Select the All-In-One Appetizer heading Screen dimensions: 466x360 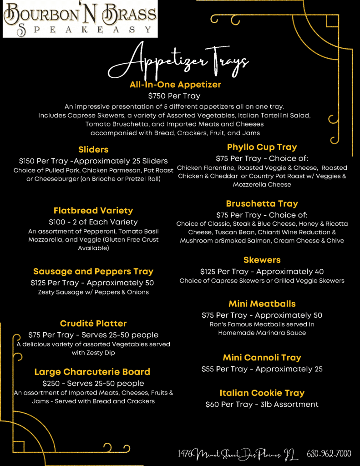[175, 85]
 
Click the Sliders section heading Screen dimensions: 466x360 [93, 149]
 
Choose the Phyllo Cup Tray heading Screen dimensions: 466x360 [262, 147]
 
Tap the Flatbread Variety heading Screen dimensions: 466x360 [93, 211]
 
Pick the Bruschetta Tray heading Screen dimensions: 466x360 [262, 203]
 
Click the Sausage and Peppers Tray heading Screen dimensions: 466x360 [93, 272]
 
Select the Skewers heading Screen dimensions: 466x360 [262, 260]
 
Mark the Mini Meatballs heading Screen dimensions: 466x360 [262, 304]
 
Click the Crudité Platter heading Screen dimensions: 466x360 [93, 324]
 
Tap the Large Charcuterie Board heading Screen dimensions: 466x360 [92, 372]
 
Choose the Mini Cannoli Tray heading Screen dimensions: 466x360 [262, 358]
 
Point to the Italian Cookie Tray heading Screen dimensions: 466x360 [262, 393]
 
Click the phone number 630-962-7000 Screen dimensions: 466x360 [329, 454]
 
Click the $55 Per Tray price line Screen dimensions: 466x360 [262, 369]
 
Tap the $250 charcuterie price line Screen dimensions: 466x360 [93, 383]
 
